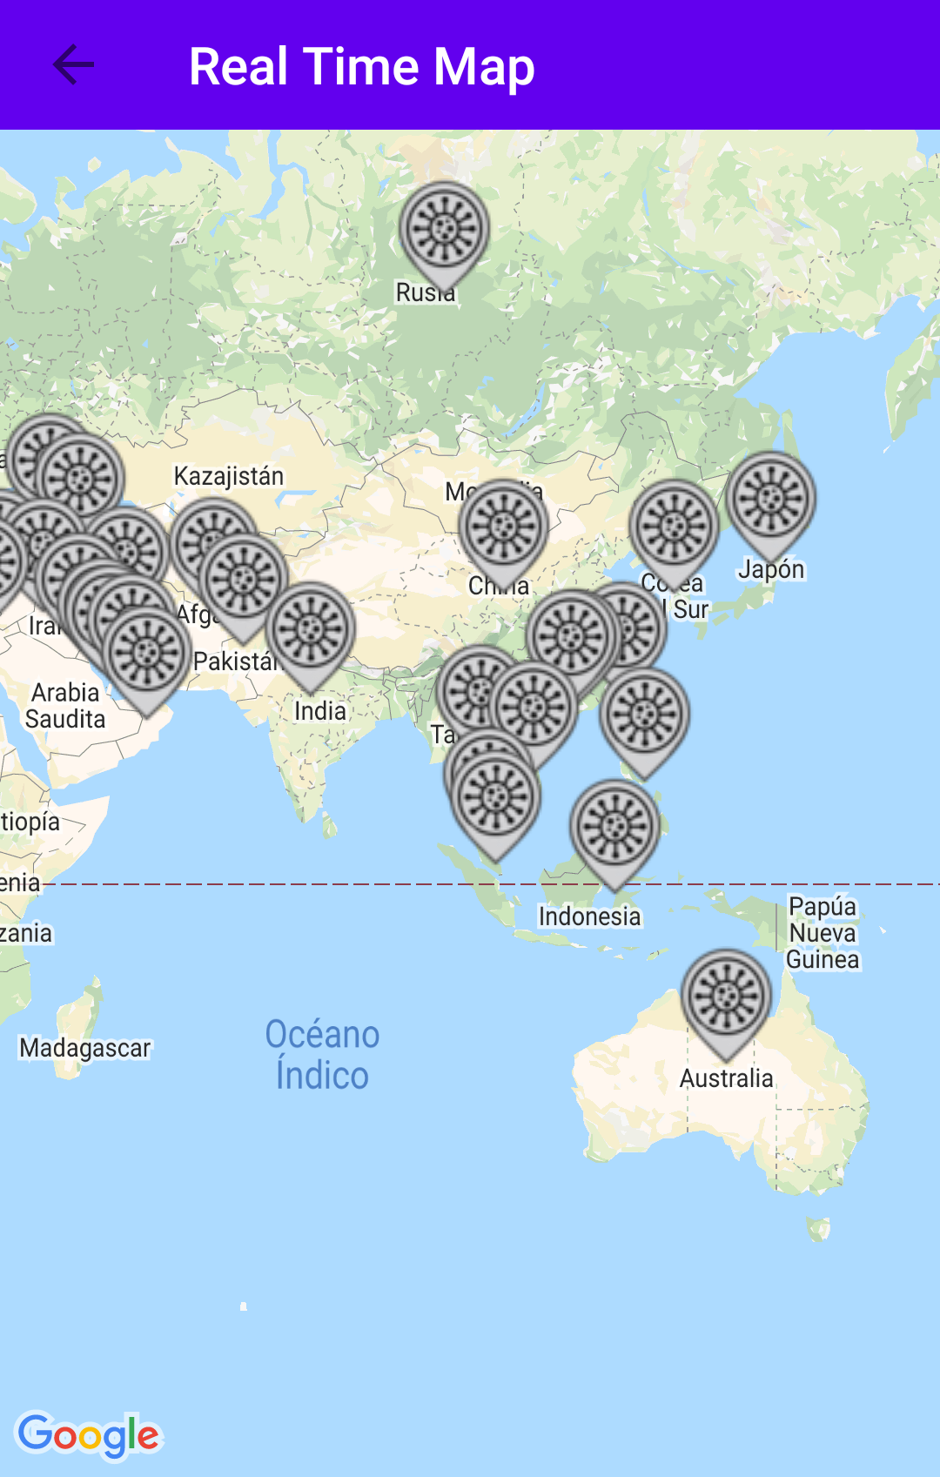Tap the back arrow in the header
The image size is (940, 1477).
pos(73,65)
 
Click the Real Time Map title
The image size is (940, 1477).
pos(361,67)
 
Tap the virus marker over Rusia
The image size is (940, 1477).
pos(444,229)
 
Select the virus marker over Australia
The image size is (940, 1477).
pos(726,997)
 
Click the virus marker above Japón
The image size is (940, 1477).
pos(770,499)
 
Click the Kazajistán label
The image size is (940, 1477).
pos(229,476)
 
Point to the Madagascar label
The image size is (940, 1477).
pos(85,1048)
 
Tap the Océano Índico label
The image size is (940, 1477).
pos(322,1055)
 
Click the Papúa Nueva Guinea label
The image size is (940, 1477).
pos(822,933)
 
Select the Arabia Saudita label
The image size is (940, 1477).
pos(65,706)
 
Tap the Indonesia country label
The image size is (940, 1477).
pos(589,916)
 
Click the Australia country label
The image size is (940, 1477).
pos(726,1078)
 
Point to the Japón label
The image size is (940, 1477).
pos(771,569)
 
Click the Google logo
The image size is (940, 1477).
pos(89,1435)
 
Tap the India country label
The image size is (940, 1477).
pos(319,711)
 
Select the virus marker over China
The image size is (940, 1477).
pos(503,527)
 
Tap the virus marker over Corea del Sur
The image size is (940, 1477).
pos(674,527)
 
